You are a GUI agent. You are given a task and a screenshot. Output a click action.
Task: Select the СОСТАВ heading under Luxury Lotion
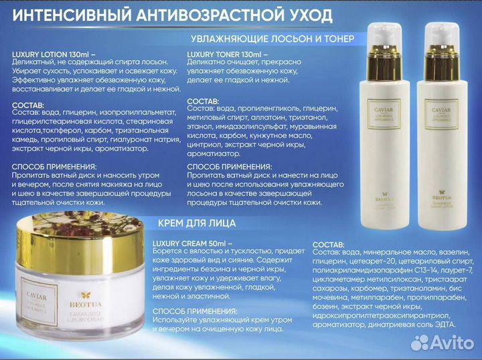coord(28,105)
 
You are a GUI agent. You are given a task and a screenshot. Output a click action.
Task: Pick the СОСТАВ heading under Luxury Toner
coord(203,100)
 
